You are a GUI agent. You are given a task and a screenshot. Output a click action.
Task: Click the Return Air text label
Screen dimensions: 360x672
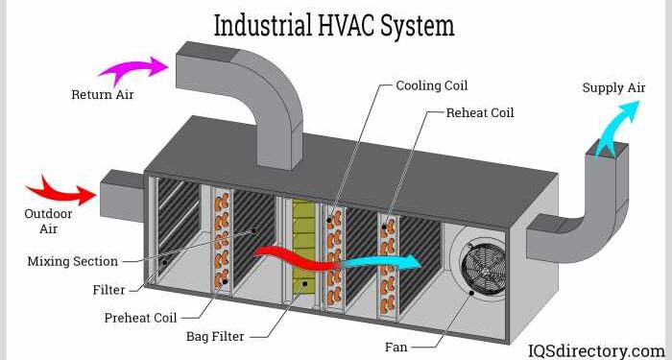coord(104,95)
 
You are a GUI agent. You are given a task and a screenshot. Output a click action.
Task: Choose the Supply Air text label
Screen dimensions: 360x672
coord(614,88)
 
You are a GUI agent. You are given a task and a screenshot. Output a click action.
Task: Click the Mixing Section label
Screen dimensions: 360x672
coord(72,261)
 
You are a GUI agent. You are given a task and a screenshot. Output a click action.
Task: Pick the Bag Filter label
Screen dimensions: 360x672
coord(218,336)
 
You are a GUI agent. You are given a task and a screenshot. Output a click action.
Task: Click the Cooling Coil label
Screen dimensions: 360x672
coord(431,85)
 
